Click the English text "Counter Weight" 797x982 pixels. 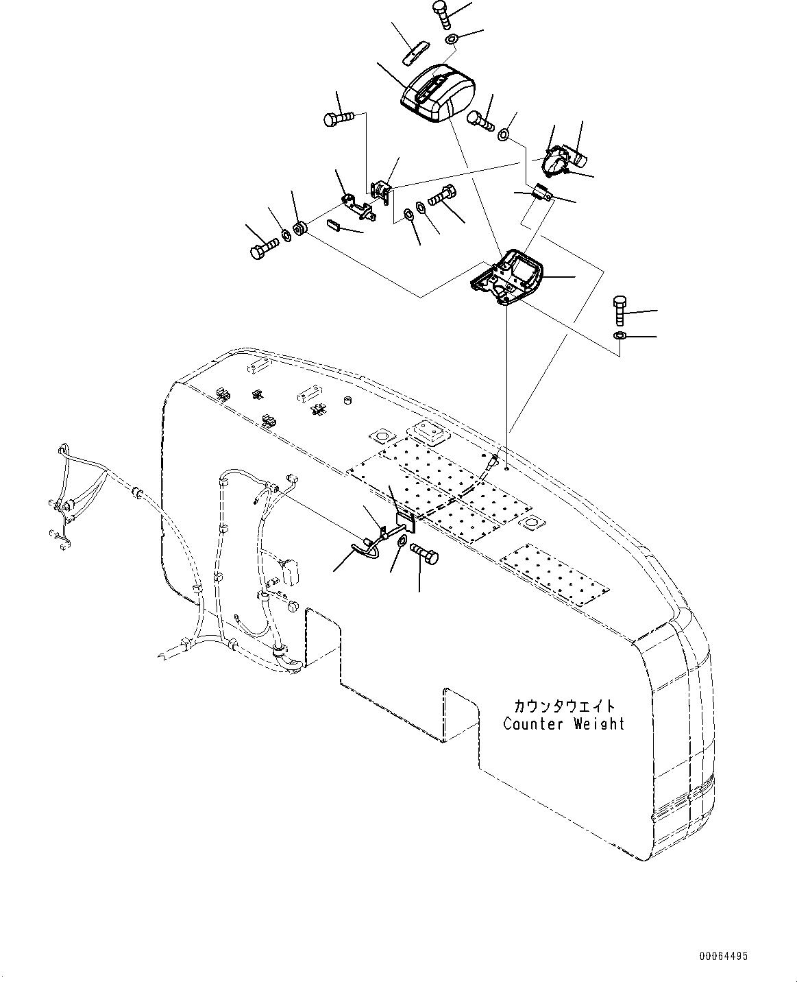click(563, 724)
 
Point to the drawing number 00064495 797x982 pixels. click(724, 955)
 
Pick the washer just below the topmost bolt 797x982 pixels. click(452, 40)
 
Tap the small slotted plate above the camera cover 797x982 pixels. click(415, 53)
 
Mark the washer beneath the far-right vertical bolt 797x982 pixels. click(617, 336)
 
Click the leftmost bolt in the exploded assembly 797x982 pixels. click(262, 248)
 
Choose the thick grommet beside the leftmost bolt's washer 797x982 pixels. click(300, 228)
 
